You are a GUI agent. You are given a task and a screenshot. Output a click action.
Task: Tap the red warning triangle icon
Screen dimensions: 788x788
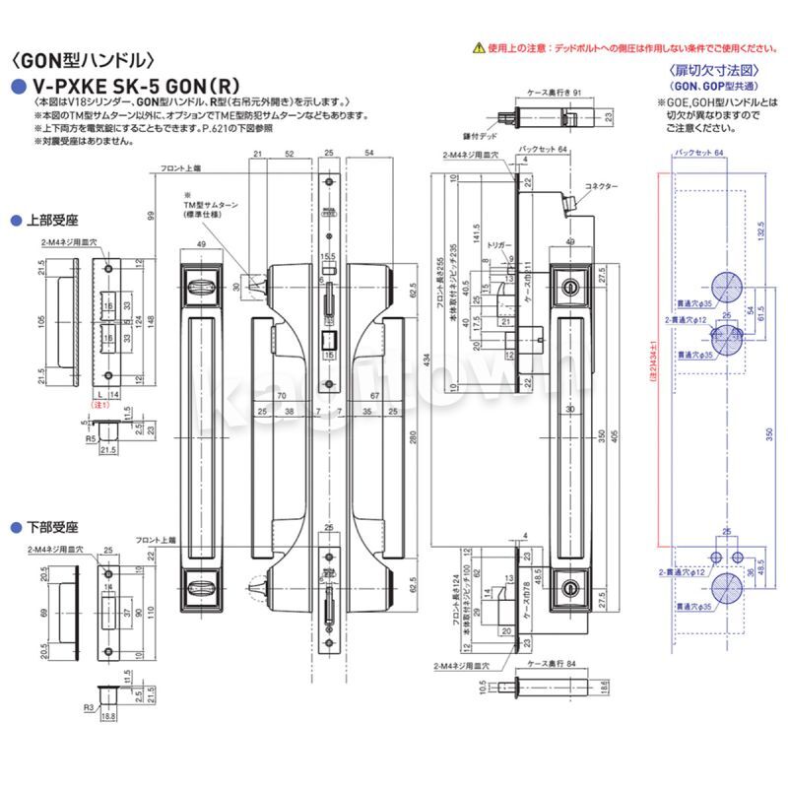(x=477, y=46)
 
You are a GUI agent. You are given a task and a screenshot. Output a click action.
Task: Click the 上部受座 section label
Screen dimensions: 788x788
(x=46, y=219)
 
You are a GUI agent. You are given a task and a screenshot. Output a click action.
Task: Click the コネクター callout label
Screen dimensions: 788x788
(x=601, y=186)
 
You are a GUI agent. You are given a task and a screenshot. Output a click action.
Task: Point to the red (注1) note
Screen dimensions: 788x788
(x=98, y=404)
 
